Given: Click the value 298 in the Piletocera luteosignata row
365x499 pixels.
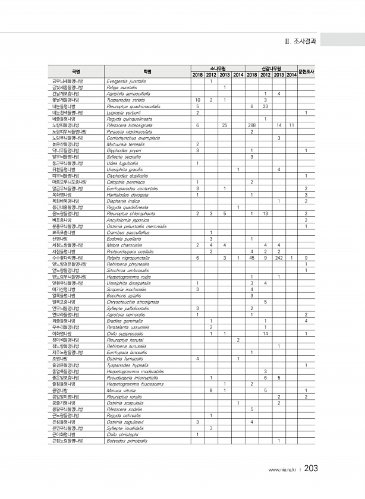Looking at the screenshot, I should [252, 125].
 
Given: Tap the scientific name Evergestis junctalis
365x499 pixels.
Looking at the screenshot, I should [125, 81].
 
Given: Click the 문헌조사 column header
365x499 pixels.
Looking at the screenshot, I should [306, 71].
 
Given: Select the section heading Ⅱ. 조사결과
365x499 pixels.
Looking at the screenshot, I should [303, 41].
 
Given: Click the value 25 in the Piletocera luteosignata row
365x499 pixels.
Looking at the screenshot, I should [224, 125].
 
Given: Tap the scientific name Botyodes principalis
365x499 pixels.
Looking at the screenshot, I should [127, 440].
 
